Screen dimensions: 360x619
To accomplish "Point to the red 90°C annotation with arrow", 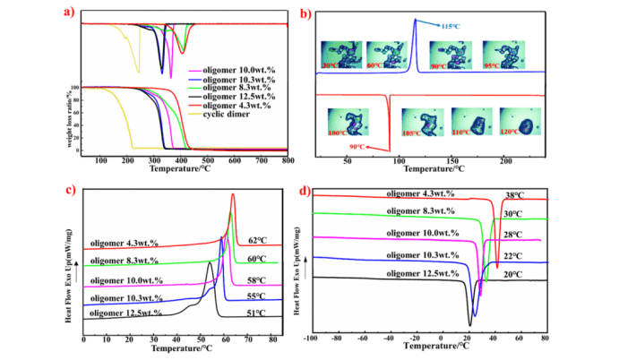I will point(358,147).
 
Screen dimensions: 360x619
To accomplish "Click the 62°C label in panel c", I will point(256,241).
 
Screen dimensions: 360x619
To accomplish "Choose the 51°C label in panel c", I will point(256,313).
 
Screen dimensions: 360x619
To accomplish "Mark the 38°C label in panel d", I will point(513,194).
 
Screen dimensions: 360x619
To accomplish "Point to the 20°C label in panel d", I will point(512,275).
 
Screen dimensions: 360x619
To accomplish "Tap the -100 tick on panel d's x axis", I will point(311,339).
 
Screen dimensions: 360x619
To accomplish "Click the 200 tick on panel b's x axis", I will point(504,160).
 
